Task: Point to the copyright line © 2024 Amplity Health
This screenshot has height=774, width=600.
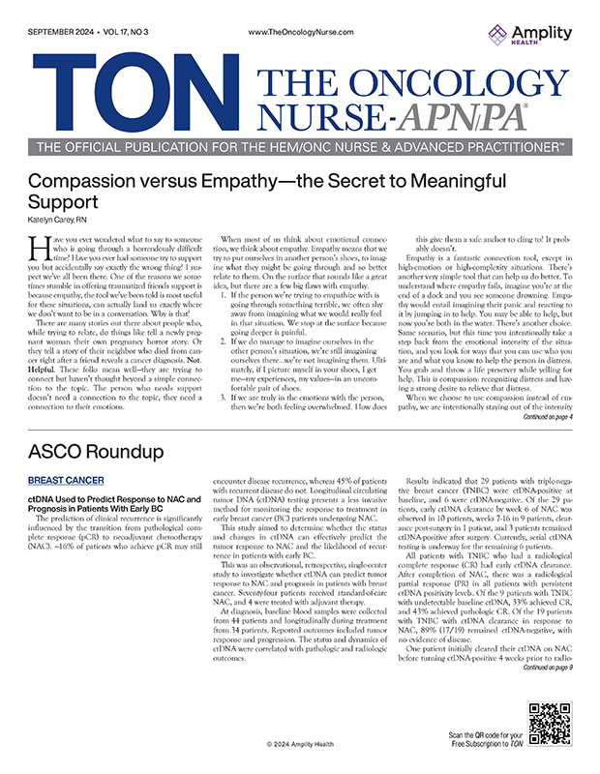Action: pyautogui.click(x=301, y=743)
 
